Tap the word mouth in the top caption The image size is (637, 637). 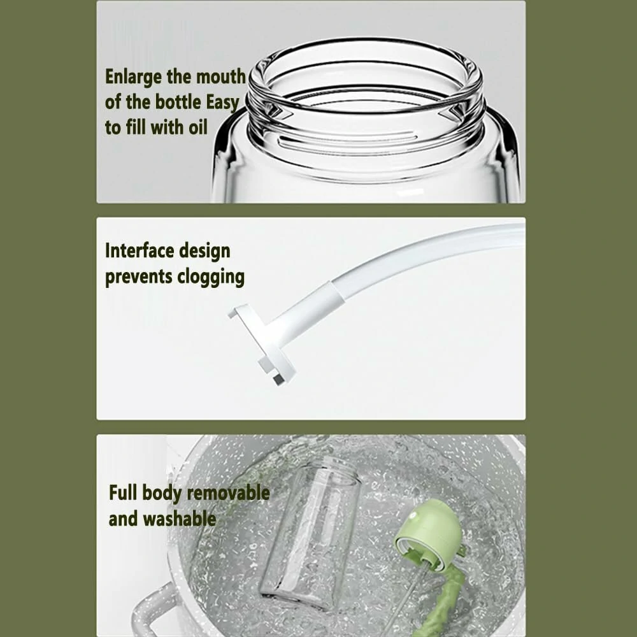pyautogui.click(x=220, y=78)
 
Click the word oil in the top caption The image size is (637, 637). pyautogui.click(x=197, y=127)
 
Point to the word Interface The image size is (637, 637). pyautogui.click(x=140, y=250)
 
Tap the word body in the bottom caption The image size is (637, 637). pyautogui.click(x=164, y=493)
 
